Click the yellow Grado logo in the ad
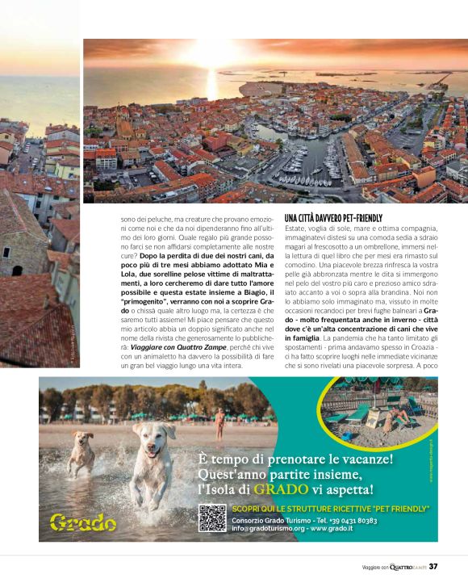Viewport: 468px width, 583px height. click(x=83, y=521)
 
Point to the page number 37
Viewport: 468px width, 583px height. click(x=433, y=566)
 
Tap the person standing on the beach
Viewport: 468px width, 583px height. click(x=219, y=421)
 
